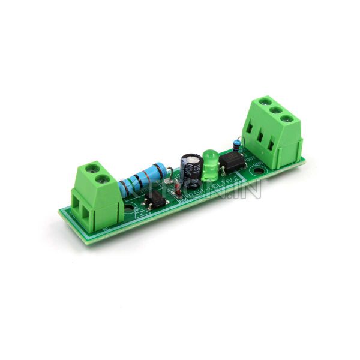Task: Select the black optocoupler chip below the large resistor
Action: pos(156,200)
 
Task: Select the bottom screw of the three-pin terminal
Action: pos(289,120)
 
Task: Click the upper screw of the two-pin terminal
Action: pos(91,168)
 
